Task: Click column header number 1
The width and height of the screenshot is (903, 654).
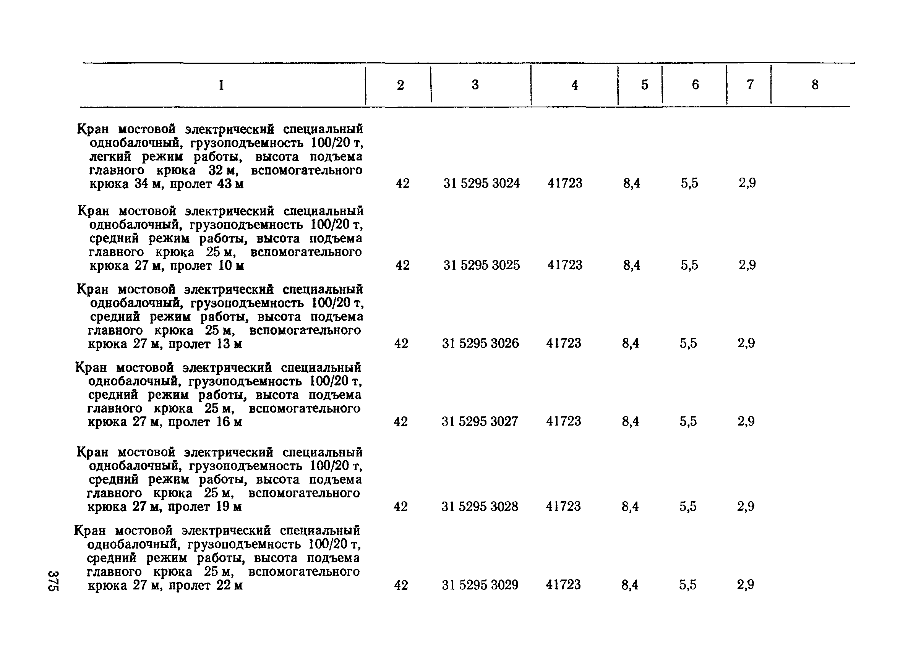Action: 221,85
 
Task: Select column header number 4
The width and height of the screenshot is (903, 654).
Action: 574,85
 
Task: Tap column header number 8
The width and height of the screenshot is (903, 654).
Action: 815,85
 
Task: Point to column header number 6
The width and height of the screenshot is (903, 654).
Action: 695,85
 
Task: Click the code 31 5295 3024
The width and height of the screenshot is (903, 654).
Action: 481,183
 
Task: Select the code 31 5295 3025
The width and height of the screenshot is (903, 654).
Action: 481,265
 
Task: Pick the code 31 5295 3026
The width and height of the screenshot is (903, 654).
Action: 481,343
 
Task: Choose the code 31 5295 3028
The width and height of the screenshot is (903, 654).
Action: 480,506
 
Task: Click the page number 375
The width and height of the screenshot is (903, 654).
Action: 53,581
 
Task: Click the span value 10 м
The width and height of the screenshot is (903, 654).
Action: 231,265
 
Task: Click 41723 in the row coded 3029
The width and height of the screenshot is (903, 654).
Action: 563,584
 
